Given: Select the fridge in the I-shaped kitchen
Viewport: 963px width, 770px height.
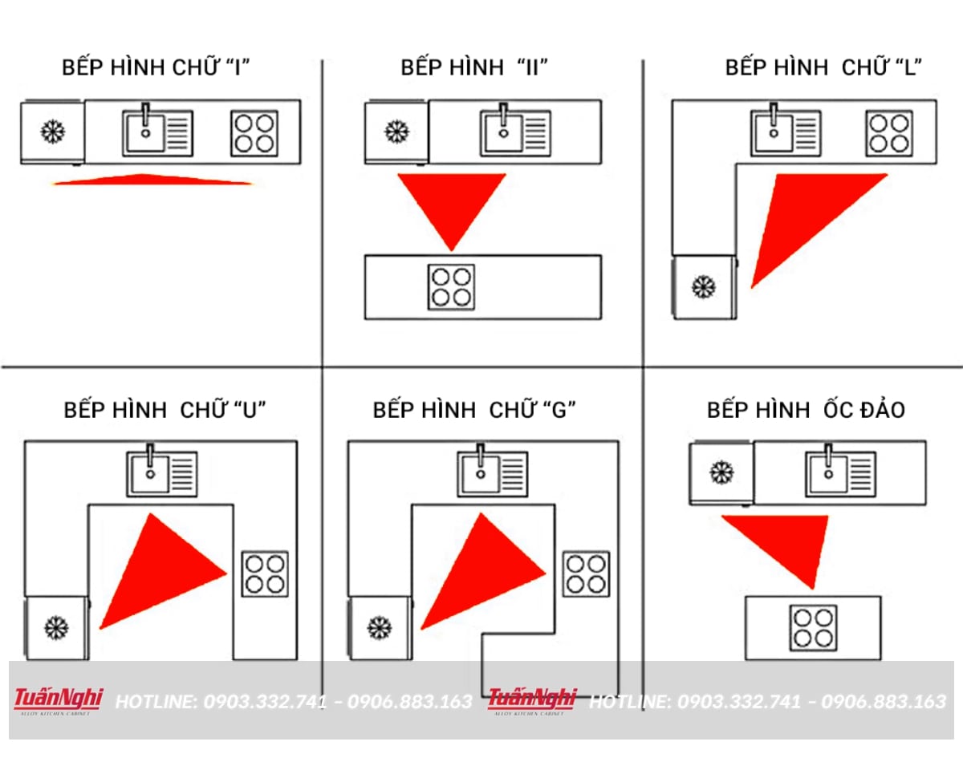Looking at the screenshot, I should click(x=53, y=132).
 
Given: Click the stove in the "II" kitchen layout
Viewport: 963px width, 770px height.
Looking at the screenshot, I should click(x=450, y=287).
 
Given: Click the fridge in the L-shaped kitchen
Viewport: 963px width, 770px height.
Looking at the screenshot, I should click(x=704, y=286).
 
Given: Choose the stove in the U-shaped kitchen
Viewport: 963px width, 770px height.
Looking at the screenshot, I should click(x=265, y=573).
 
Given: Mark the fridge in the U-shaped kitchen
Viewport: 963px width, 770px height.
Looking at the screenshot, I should click(x=56, y=627).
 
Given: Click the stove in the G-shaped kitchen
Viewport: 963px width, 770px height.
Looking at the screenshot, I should click(x=585, y=573).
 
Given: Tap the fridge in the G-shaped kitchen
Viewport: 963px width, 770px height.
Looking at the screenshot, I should click(x=380, y=627).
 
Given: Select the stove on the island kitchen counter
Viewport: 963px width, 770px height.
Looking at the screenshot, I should click(x=813, y=628).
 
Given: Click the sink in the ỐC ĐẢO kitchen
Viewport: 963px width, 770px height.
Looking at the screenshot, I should click(x=840, y=474).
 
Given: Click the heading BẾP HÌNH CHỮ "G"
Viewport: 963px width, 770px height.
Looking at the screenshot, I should click(x=474, y=410).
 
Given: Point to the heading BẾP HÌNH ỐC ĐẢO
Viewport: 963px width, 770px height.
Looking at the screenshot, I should click(x=806, y=410).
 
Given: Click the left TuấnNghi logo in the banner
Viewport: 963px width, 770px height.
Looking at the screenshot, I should click(x=58, y=700).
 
